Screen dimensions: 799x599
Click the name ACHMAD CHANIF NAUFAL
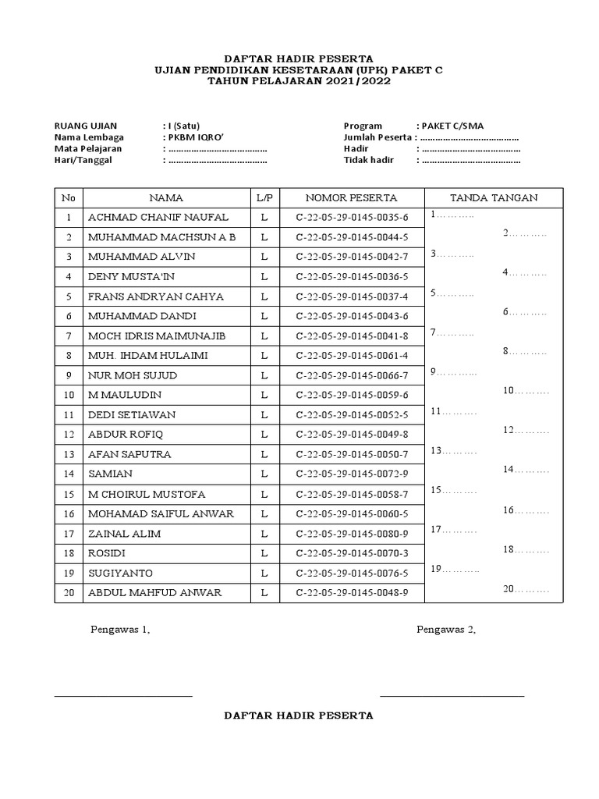[x=158, y=217]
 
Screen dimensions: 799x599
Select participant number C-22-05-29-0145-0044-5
[x=352, y=236]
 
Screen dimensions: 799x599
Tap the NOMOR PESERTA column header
[x=352, y=198]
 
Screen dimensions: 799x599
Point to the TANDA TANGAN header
[x=494, y=198]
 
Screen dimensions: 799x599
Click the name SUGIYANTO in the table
[x=121, y=573]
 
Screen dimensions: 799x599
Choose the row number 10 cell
[x=69, y=395]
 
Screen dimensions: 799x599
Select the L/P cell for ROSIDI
[x=264, y=553]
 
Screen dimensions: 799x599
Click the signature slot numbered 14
[x=526, y=470]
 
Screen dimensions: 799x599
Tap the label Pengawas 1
[x=120, y=630]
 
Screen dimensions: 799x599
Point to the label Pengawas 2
[x=446, y=630]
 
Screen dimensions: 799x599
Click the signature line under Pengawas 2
[x=452, y=695]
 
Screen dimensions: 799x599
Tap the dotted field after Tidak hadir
[x=470, y=161]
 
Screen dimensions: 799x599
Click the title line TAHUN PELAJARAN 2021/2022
[x=299, y=81]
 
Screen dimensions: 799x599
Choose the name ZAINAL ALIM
[x=125, y=534]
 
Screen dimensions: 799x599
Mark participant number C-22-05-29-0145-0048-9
[x=352, y=593]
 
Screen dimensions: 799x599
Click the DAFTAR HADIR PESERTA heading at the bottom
[x=299, y=715]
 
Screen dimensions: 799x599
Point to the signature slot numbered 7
[x=452, y=332]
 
